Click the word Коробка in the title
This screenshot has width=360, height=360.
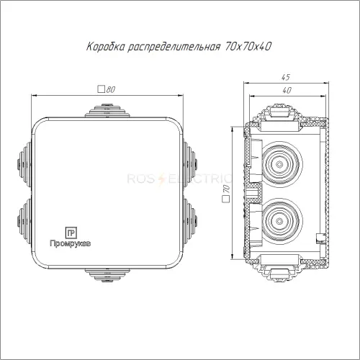tap(106, 46)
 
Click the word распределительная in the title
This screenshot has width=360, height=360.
tap(174, 47)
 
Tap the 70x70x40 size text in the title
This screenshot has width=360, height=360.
tap(248, 46)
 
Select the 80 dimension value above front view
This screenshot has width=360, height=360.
tap(111, 89)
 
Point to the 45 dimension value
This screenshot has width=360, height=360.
tap(286, 77)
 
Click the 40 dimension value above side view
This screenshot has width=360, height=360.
tap(287, 90)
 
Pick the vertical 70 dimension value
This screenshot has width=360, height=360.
tap(226, 189)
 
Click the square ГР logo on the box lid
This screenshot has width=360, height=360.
tap(71, 233)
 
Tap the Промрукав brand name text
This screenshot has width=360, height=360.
tap(71, 243)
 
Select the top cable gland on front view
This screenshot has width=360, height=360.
tap(107, 111)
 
